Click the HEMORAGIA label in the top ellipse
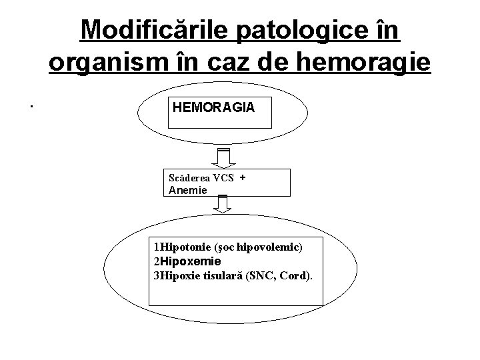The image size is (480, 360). (x=213, y=107)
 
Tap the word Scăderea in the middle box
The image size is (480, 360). (x=190, y=178)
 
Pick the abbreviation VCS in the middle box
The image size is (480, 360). (x=223, y=178)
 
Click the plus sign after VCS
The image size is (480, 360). (x=242, y=178)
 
